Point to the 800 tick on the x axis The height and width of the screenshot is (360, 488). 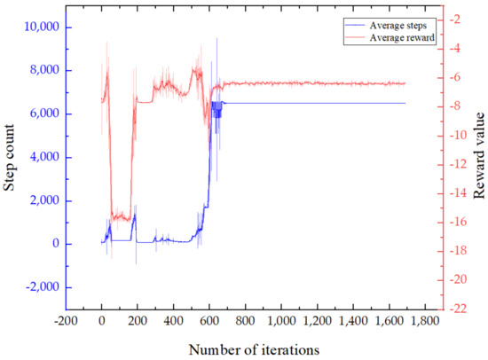[245, 318]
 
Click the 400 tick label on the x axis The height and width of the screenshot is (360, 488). [173, 318]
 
